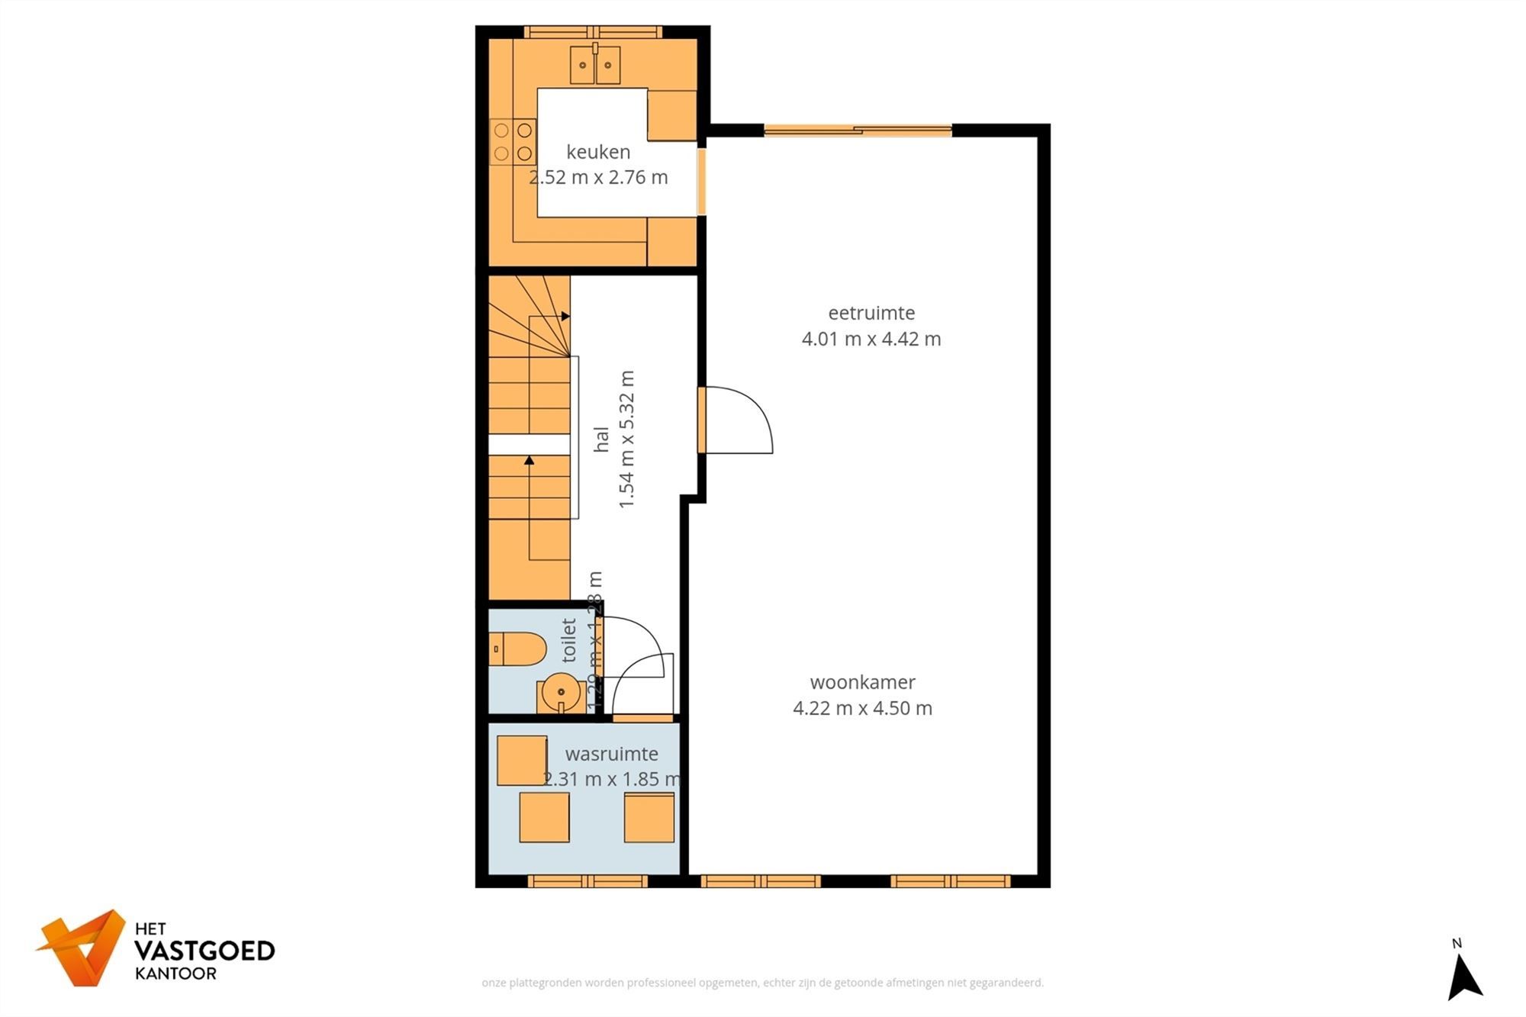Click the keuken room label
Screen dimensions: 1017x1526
click(x=598, y=152)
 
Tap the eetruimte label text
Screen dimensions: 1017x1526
click(x=871, y=313)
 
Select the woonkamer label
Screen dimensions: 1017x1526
click(x=862, y=682)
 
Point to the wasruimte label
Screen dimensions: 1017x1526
click(x=611, y=754)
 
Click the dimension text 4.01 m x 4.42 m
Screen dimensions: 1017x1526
click(x=871, y=339)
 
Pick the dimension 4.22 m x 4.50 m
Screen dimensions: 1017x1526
click(x=862, y=708)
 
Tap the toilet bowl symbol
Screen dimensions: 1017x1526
click(x=519, y=649)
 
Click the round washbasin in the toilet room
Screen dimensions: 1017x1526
click(x=561, y=693)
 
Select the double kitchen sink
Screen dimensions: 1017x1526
click(x=595, y=65)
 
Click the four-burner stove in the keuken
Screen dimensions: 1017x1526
click(x=513, y=142)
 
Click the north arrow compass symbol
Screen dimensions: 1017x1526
click(x=1463, y=975)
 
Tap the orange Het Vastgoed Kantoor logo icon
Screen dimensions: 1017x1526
click(x=82, y=948)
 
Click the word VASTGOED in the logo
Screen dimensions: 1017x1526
click(x=204, y=951)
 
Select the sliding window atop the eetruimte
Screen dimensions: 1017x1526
click(x=858, y=130)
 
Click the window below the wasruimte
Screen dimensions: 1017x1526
click(x=588, y=881)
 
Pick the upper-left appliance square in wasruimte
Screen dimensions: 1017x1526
click(x=522, y=760)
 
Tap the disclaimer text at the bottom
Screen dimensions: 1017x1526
click(x=762, y=983)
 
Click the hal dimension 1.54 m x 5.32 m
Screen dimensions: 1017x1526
click(x=626, y=439)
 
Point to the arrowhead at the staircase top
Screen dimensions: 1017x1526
click(x=565, y=316)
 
